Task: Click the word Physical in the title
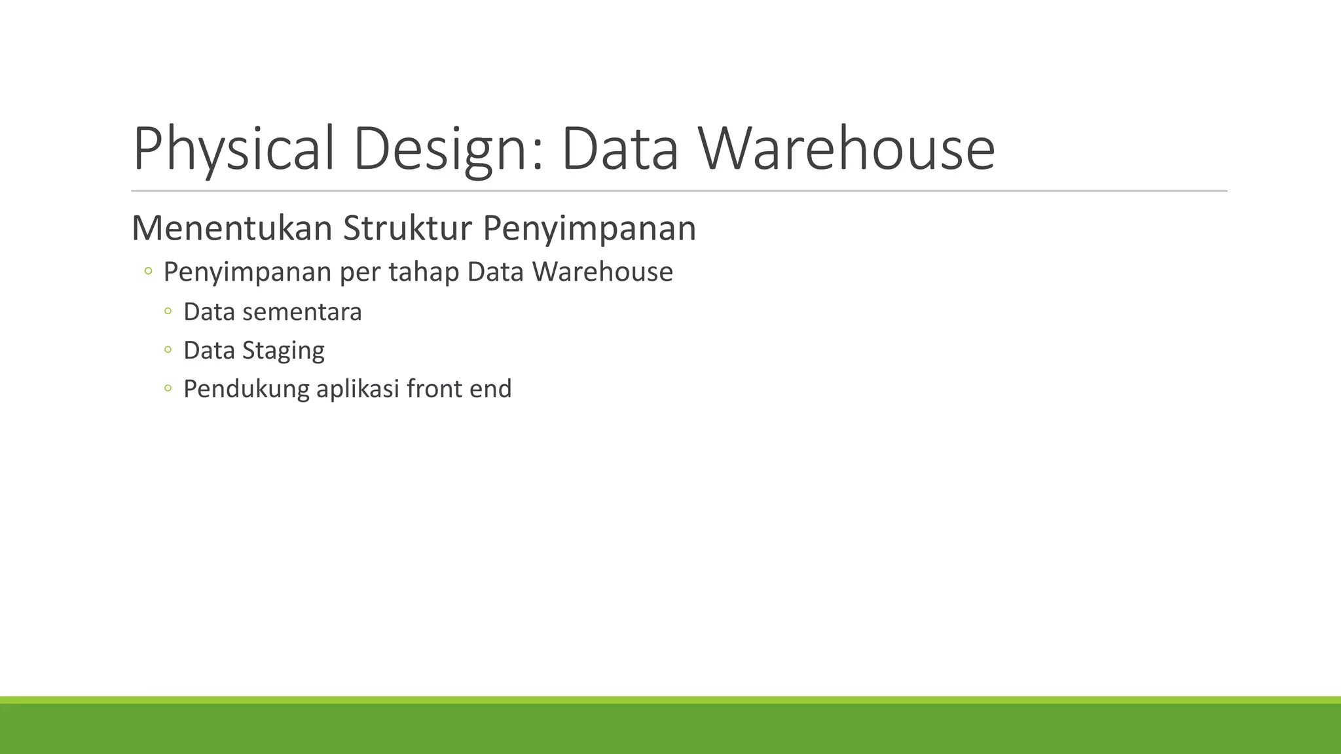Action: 234,149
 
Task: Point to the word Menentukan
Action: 232,228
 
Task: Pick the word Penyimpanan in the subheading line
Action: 589,228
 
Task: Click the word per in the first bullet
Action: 360,272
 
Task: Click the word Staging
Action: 283,351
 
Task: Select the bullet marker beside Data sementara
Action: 168,312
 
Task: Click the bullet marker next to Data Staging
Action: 168,351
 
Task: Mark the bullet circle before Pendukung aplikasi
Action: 168,389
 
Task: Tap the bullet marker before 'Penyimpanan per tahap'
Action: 148,271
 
